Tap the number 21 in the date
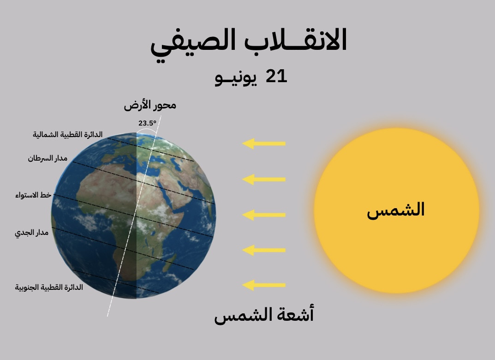point(276,76)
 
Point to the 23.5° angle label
point(147,123)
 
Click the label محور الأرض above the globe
point(150,106)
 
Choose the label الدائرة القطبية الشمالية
point(67,134)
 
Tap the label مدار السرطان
point(48,158)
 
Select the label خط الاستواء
point(33,195)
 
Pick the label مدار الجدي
point(31,233)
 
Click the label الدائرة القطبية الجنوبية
point(49,287)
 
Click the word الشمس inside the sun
point(395,210)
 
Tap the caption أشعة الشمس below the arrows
point(264,315)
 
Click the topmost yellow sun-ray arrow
point(263,144)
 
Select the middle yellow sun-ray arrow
point(263,215)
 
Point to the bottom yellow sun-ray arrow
point(263,285)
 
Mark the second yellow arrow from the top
point(263,180)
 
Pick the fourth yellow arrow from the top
point(263,250)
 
